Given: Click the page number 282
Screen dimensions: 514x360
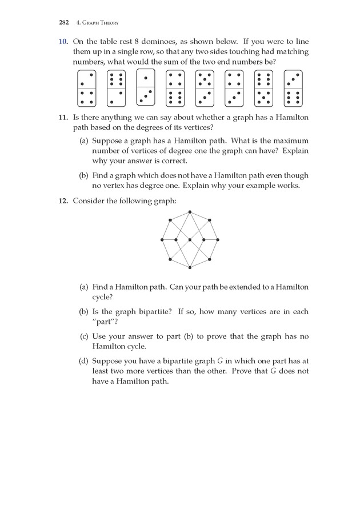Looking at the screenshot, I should [63, 23].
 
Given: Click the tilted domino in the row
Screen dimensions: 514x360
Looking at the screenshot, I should [146, 87].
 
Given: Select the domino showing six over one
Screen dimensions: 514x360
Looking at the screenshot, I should [116, 89].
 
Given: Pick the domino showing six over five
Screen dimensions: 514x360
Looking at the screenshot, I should [264, 89].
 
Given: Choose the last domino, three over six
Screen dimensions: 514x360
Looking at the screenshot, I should [293, 89].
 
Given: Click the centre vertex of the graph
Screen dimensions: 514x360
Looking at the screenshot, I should [190, 240].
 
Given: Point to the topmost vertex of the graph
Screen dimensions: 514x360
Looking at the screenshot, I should [190, 213].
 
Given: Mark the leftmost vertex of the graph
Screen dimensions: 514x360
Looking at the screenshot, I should [162, 240].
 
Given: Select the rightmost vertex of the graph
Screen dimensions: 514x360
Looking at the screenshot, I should [217, 240].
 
